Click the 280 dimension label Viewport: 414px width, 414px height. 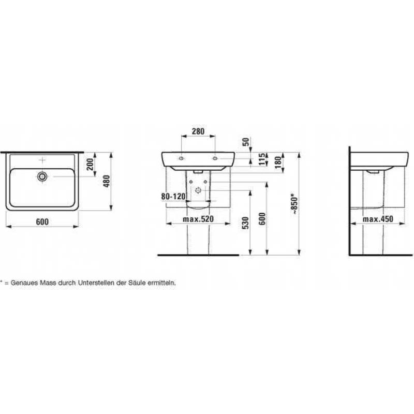coord(198,131)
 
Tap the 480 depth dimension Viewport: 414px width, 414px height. coord(106,181)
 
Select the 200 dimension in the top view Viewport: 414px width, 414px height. coord(90,164)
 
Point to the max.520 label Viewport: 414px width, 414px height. coord(198,219)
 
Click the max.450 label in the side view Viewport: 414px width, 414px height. coord(378,219)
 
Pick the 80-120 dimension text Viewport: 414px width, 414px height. coord(173,197)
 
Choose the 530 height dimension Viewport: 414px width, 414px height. coord(245,223)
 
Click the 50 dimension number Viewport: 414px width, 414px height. coord(246,142)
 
